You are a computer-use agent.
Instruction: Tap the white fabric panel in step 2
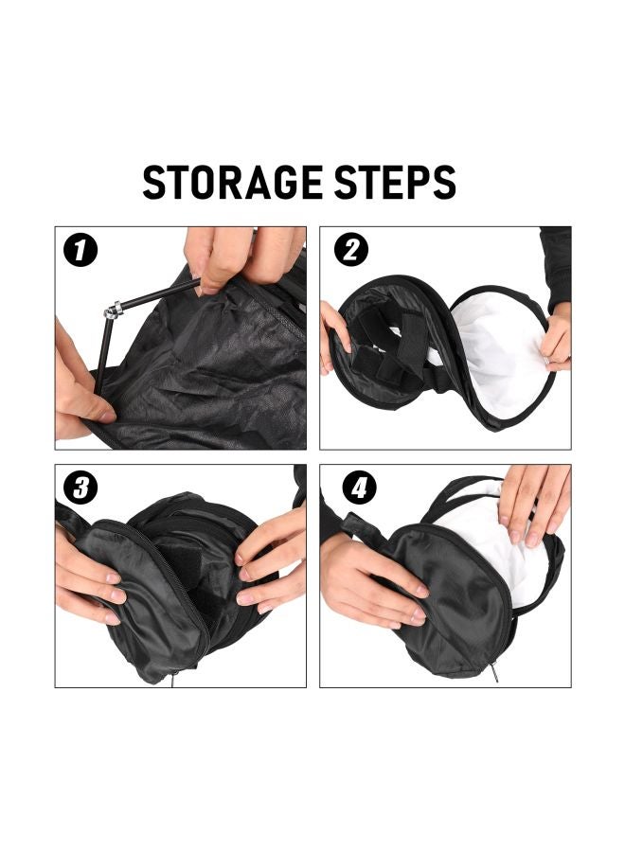(497, 355)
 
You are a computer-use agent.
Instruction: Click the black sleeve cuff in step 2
(555, 270)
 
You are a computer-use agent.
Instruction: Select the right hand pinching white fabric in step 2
(557, 341)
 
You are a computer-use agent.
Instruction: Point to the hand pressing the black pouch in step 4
(379, 582)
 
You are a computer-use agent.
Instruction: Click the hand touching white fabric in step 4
(535, 502)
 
